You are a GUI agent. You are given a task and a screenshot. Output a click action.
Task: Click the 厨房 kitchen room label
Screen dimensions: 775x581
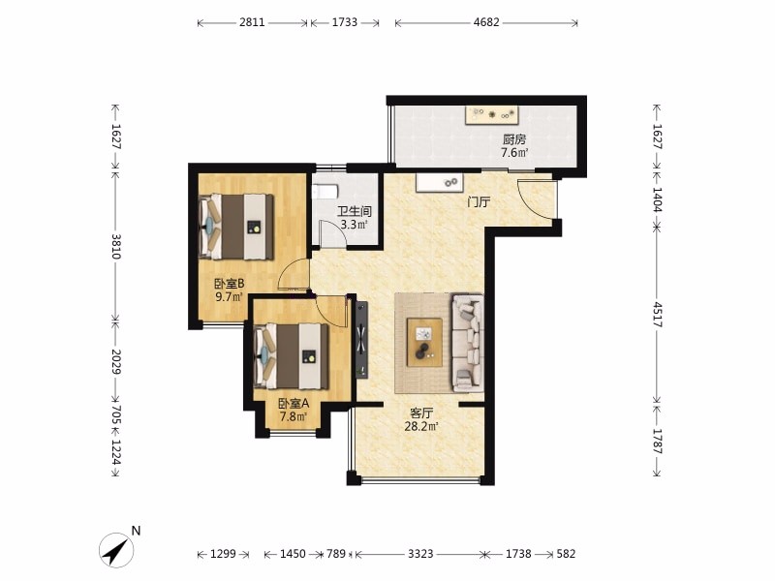[514, 139]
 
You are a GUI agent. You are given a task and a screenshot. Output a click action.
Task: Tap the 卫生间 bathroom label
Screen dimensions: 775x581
[355, 211]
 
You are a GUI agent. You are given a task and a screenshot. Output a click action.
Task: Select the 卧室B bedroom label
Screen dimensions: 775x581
[230, 284]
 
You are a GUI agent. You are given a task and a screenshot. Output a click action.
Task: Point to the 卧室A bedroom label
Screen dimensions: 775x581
[294, 403]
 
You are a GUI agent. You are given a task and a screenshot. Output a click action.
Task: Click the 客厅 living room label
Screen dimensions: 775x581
[421, 413]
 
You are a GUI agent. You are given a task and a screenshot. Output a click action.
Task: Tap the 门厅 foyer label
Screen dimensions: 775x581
[479, 201]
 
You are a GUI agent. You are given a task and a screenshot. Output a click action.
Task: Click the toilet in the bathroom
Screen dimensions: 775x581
[325, 191]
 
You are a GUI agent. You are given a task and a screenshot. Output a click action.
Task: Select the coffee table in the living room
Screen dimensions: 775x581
[424, 343]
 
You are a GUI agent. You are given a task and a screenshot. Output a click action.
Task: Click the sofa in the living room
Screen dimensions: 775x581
[468, 343]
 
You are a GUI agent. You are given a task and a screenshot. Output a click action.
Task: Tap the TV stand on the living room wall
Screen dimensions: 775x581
[362, 340]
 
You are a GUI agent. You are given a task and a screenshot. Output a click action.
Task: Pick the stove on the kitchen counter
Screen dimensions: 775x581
[492, 114]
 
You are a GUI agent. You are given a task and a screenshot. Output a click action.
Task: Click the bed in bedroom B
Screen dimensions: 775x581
[236, 227]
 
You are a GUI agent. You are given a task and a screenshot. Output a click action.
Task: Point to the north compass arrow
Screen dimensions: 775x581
[117, 550]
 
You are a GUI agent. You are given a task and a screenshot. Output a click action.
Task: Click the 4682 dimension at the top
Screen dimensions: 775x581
[486, 22]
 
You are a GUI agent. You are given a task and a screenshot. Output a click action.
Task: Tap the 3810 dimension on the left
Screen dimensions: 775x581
[115, 246]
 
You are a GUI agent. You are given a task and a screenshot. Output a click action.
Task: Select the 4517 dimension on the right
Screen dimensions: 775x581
[658, 315]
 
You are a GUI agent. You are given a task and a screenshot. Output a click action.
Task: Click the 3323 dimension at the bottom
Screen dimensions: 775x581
[420, 554]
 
